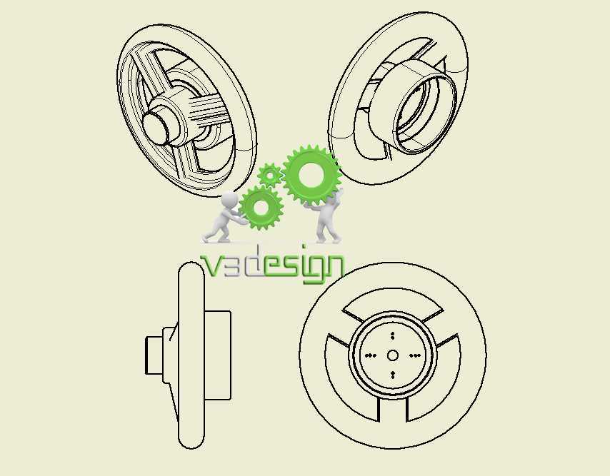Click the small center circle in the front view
(393, 355)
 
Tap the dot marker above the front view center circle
(393, 335)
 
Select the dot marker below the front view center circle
(393, 375)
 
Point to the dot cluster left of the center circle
(370, 355)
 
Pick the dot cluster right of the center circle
(415, 355)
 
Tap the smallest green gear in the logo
(269, 176)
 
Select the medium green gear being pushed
(260, 208)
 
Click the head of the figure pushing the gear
(229, 199)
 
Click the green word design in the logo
(304, 267)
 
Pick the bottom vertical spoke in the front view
(393, 409)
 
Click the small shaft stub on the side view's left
(154, 355)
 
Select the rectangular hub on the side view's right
(217, 355)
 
